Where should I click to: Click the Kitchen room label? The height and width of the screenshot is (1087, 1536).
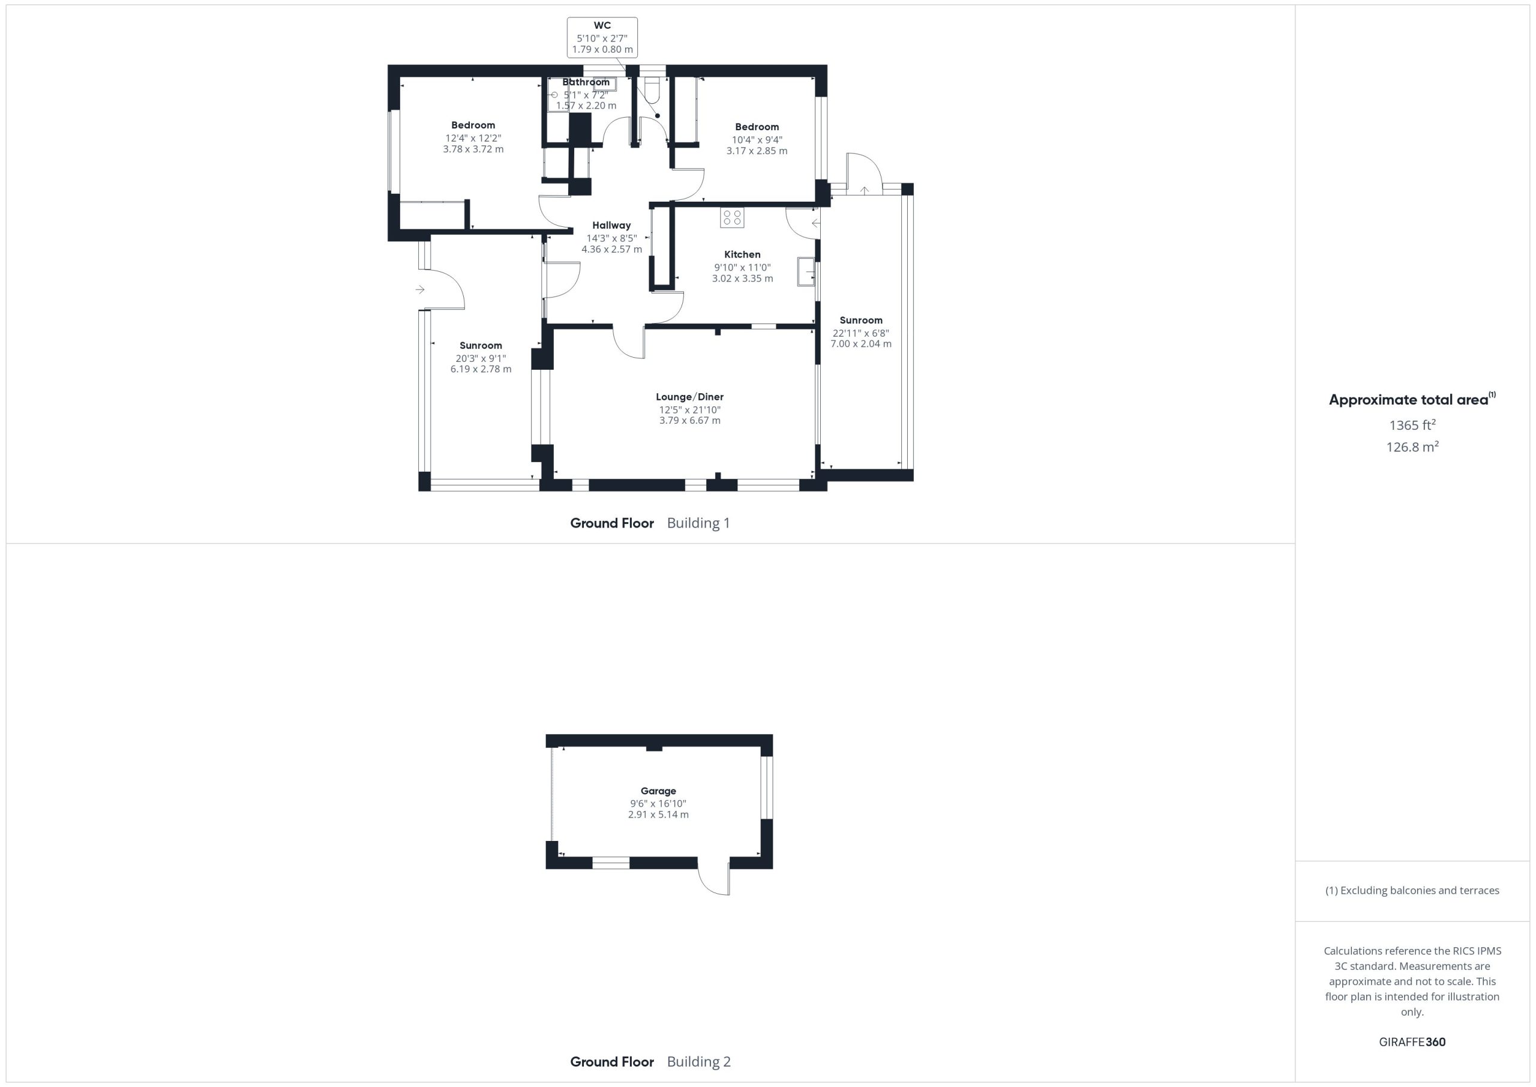(742, 254)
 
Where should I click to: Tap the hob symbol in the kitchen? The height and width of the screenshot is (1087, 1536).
(732, 217)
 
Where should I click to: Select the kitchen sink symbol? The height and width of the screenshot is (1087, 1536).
(806, 272)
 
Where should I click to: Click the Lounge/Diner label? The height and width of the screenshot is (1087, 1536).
(690, 397)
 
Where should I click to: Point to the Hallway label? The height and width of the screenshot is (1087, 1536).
(611, 226)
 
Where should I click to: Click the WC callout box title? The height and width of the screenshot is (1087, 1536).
(602, 26)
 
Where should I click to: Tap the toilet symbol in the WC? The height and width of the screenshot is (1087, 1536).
(652, 89)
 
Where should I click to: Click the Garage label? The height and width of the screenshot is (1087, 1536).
(658, 791)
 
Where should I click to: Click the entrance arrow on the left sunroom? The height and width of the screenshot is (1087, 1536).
(420, 289)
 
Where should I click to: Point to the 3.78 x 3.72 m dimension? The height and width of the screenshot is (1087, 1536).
(473, 149)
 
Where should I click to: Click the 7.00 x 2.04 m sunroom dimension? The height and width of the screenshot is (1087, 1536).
(861, 344)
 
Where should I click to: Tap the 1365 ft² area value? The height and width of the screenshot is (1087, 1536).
(1412, 425)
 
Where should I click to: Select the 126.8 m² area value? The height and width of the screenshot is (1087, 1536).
(1412, 447)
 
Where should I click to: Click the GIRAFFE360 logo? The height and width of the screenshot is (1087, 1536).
(1412, 1041)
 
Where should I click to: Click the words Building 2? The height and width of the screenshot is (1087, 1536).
(699, 1062)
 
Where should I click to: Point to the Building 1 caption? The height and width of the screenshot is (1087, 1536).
(698, 523)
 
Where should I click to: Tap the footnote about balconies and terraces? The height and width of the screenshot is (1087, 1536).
(1412, 890)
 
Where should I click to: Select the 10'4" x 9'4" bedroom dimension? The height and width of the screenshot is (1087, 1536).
(757, 140)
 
